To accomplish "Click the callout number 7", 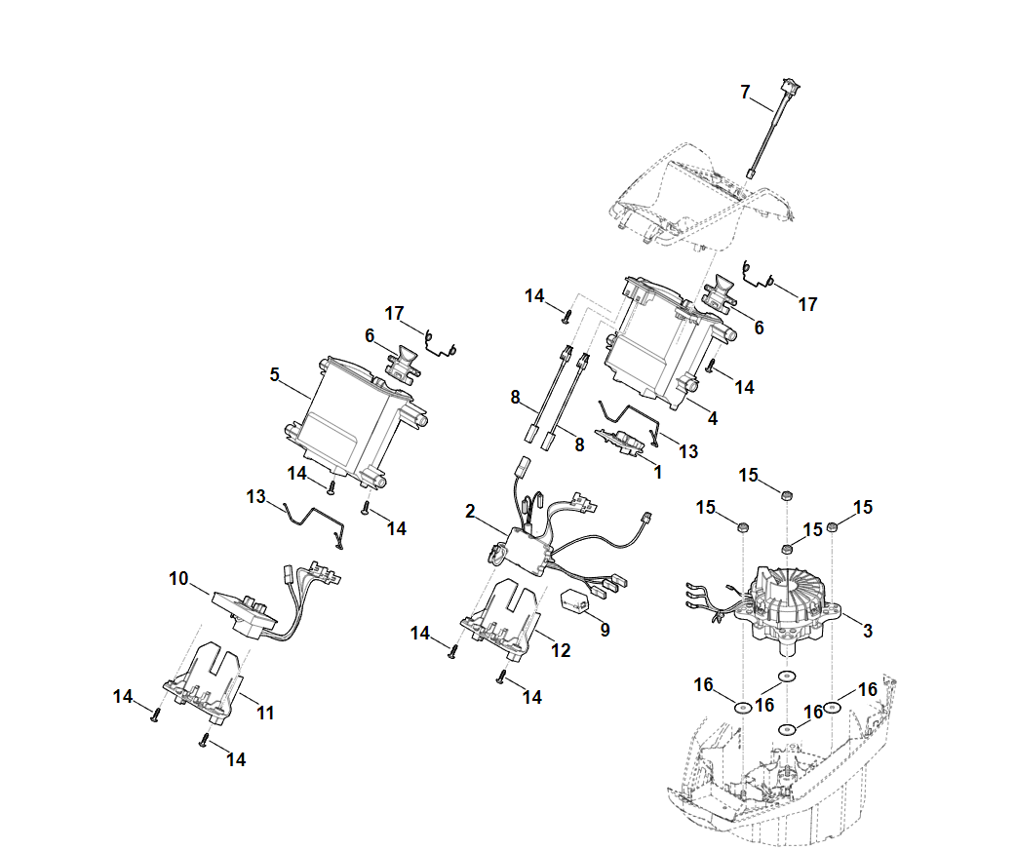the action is (x=745, y=92).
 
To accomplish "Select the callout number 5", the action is (x=275, y=374).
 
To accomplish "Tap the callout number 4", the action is (x=713, y=418).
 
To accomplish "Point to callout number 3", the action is (x=868, y=631).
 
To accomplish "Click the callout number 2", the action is (x=470, y=511).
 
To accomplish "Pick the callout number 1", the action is (x=658, y=473).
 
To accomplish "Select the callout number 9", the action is (x=606, y=630).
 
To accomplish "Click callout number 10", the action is (x=178, y=579).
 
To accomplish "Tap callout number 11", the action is (x=265, y=713).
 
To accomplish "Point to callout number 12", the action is (x=561, y=650).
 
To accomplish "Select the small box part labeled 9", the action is (x=574, y=602).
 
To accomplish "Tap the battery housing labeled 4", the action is (x=667, y=343).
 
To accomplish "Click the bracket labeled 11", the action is (x=205, y=681).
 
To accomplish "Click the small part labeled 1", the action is (x=621, y=442).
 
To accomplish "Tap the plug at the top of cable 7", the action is (x=791, y=86).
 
